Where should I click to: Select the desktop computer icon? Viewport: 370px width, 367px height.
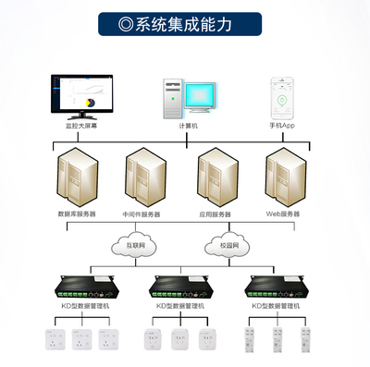pos(190,96)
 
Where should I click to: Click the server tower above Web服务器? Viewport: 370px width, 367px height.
pos(284,179)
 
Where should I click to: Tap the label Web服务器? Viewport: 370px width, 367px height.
pos(284,214)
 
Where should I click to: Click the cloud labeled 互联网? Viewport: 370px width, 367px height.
pos(133,246)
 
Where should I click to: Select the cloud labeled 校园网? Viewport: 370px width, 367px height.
pos(223,246)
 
